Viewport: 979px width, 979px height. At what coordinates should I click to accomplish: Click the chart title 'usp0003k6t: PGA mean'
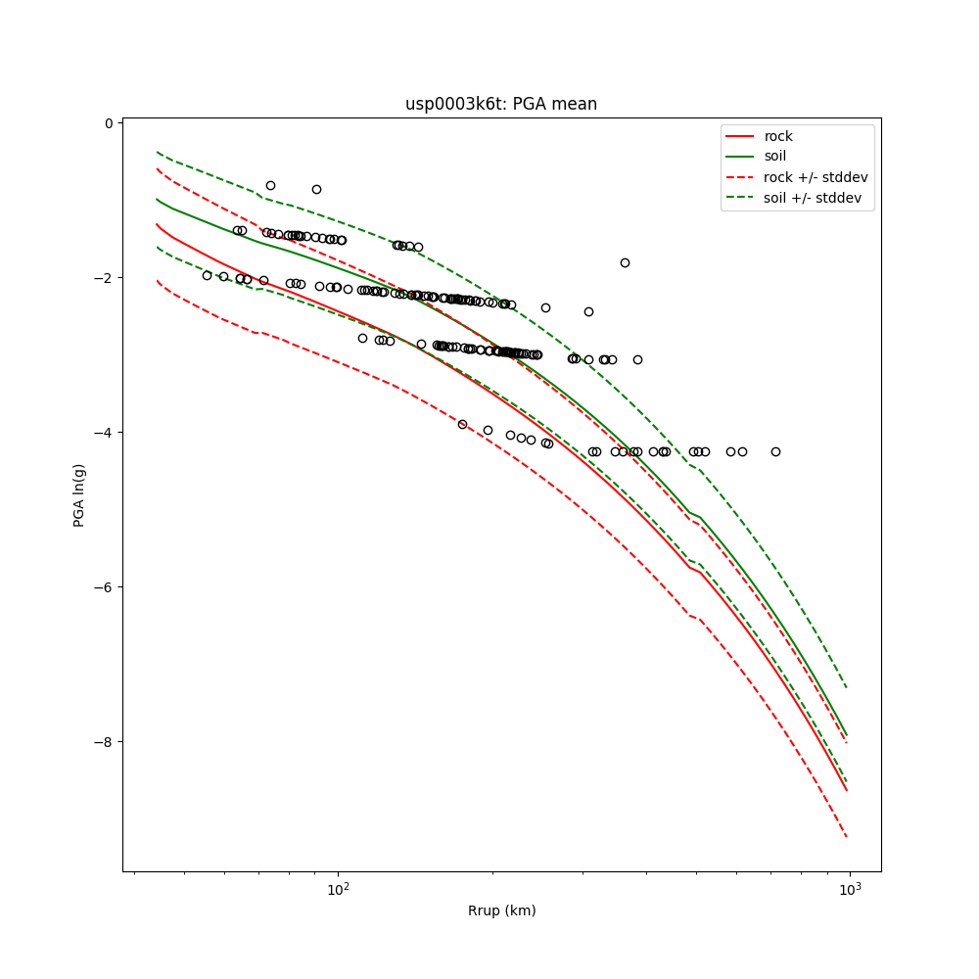(501, 104)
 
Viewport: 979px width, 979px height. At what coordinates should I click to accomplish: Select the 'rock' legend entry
(778, 136)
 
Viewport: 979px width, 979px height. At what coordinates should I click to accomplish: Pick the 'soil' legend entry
(774, 156)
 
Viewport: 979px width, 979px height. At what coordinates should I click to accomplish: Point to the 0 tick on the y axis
(108, 123)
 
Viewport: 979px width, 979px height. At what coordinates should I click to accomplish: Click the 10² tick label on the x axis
(338, 889)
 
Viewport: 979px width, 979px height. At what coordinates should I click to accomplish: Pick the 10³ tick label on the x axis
(850, 889)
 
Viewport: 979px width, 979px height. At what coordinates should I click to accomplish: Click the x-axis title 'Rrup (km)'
(501, 910)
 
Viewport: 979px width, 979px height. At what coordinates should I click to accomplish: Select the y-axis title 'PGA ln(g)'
(79, 495)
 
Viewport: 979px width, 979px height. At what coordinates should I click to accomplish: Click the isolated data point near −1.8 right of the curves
(625, 262)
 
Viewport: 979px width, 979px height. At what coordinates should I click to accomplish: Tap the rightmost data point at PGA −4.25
(775, 451)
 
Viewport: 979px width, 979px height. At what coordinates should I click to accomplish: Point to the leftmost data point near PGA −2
(207, 275)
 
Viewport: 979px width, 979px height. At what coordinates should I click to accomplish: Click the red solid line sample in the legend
(740, 136)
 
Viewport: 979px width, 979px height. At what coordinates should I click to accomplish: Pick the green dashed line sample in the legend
(740, 198)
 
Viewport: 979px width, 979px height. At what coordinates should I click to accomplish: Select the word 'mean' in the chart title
(576, 104)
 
